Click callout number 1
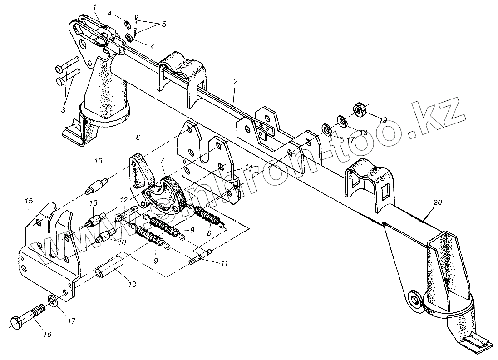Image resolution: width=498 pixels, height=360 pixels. click(95, 8)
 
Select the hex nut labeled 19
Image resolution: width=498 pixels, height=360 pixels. click(360, 109)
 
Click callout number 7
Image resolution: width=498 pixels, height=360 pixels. click(163, 161)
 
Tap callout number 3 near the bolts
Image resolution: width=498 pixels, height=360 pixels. click(63, 110)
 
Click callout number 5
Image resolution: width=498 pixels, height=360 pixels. click(163, 24)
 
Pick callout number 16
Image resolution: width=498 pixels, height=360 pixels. click(47, 335)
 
